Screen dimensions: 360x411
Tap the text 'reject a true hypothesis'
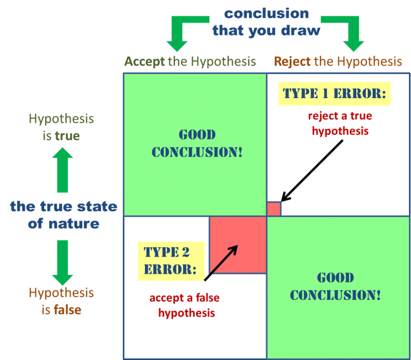click(340, 123)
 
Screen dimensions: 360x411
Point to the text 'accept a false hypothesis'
click(185, 305)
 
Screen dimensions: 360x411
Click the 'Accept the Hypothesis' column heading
click(190, 62)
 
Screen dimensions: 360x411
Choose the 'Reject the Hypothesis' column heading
click(338, 62)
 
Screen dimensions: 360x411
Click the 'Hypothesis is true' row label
click(61, 127)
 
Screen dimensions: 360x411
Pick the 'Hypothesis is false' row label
click(61, 300)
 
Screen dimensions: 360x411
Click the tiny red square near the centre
click(273, 209)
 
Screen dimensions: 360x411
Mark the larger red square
click(237, 245)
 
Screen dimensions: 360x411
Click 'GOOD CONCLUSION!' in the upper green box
click(197, 143)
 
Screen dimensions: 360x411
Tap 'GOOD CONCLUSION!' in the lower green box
click(335, 286)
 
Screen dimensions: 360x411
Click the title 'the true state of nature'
click(63, 215)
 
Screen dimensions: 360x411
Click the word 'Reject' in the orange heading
click(292, 62)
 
